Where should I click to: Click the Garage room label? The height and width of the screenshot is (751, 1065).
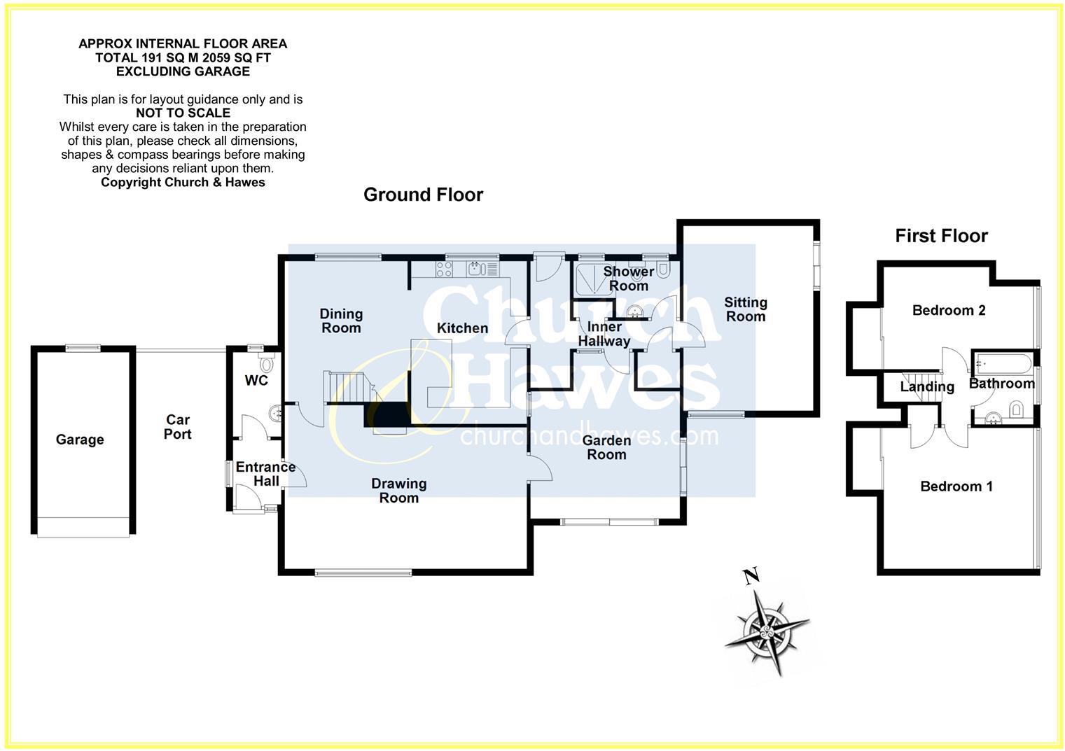coord(80,440)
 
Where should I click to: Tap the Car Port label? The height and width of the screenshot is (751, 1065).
coord(178,427)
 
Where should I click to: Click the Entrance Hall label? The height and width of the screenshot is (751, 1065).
coord(265,474)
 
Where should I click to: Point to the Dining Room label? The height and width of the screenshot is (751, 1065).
coord(341,321)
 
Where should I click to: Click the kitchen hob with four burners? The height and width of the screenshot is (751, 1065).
coord(445,268)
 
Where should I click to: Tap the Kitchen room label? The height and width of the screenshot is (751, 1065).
coord(462,328)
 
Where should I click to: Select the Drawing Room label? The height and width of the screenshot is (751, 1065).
coord(398,491)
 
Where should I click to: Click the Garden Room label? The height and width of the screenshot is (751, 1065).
coord(606,447)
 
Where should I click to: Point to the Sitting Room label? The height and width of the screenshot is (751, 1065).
coord(745,309)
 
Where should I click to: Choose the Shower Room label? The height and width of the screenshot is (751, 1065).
coord(628,278)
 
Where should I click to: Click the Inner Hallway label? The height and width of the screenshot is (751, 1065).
coord(604,334)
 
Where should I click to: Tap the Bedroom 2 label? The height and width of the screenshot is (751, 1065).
coord(949,310)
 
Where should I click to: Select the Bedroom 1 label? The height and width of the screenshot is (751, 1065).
coord(956,486)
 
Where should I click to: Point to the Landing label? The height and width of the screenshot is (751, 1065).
coord(927,386)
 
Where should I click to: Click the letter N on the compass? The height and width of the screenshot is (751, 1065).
coord(751,577)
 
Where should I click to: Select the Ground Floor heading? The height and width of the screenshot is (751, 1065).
coord(423,195)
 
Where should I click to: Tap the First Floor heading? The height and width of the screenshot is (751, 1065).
coord(941,236)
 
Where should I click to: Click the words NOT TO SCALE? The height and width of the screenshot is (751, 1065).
coord(183,113)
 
